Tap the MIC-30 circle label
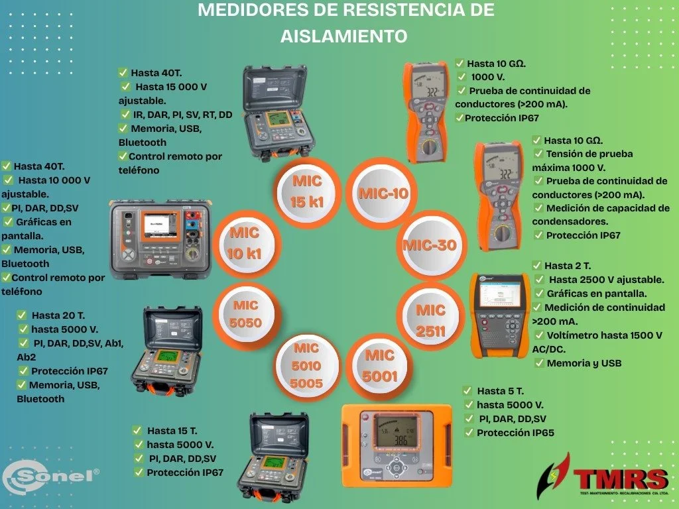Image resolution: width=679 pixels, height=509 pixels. (430, 245)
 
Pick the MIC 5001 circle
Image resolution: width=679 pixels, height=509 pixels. (380, 366)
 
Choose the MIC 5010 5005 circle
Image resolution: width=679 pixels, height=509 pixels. (307, 366)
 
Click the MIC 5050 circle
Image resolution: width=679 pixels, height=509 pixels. (245, 315)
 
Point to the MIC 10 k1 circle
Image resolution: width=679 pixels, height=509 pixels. (245, 243)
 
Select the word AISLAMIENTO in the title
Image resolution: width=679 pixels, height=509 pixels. (343, 36)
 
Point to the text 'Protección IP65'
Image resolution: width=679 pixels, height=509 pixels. (515, 433)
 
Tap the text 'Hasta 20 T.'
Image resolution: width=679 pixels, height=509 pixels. (58, 315)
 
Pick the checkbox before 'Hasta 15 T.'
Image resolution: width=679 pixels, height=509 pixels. (137, 431)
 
